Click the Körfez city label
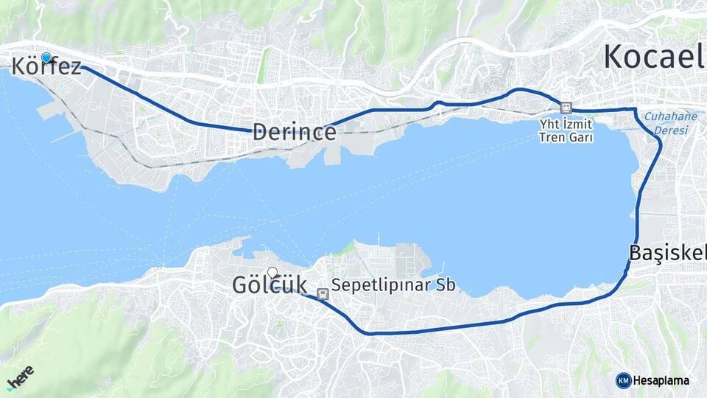[x=46, y=67]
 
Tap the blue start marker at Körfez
[x=46, y=57]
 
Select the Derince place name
[x=295, y=132]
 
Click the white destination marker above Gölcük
[x=272, y=272]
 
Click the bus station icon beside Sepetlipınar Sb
[x=321, y=294]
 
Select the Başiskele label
[x=667, y=253]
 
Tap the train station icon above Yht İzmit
[x=566, y=108]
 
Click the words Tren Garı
[x=566, y=138]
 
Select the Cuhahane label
[x=665, y=116]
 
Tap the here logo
[x=20, y=378]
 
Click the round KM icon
[x=623, y=380]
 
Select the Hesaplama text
[x=661, y=381]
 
